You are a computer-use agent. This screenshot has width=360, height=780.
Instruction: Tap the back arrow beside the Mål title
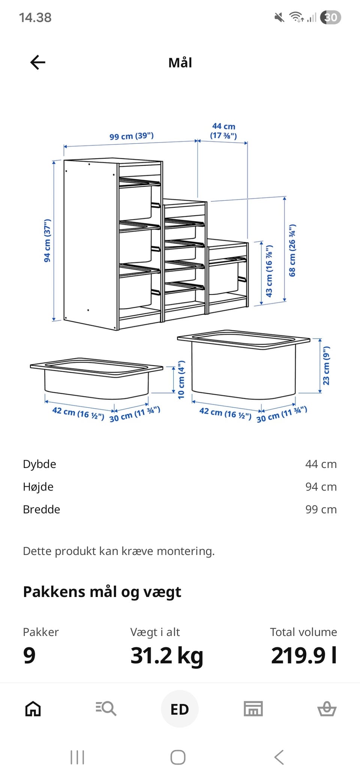click(37, 62)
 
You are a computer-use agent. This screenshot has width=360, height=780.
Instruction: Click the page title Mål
click(180, 63)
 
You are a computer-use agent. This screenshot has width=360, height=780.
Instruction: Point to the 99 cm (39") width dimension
click(132, 136)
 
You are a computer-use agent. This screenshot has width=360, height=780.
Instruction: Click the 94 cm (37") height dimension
click(47, 241)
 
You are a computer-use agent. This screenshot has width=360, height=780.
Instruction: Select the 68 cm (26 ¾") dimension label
click(292, 250)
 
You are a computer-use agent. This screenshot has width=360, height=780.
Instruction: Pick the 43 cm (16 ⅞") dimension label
click(269, 271)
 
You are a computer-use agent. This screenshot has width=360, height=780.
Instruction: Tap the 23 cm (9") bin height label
click(326, 366)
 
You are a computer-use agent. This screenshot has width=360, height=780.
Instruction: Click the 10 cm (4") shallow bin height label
click(181, 379)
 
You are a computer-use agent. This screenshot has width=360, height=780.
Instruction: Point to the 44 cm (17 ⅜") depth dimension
click(223, 131)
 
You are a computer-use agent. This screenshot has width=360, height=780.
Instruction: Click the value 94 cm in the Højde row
click(321, 487)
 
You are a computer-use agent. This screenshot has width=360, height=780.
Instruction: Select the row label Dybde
click(39, 464)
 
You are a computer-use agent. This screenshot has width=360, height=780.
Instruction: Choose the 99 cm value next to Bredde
click(321, 510)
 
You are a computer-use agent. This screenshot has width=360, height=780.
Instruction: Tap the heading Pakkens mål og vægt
click(102, 592)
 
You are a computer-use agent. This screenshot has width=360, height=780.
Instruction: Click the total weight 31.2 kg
click(167, 655)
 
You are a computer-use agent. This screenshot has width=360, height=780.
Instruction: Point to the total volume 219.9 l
click(304, 655)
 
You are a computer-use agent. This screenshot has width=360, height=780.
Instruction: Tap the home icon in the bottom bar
click(33, 709)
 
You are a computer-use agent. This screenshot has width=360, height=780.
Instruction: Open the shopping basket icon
click(327, 709)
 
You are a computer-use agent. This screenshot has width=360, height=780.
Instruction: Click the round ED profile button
click(180, 709)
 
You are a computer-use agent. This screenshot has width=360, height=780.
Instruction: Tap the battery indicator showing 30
click(330, 17)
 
